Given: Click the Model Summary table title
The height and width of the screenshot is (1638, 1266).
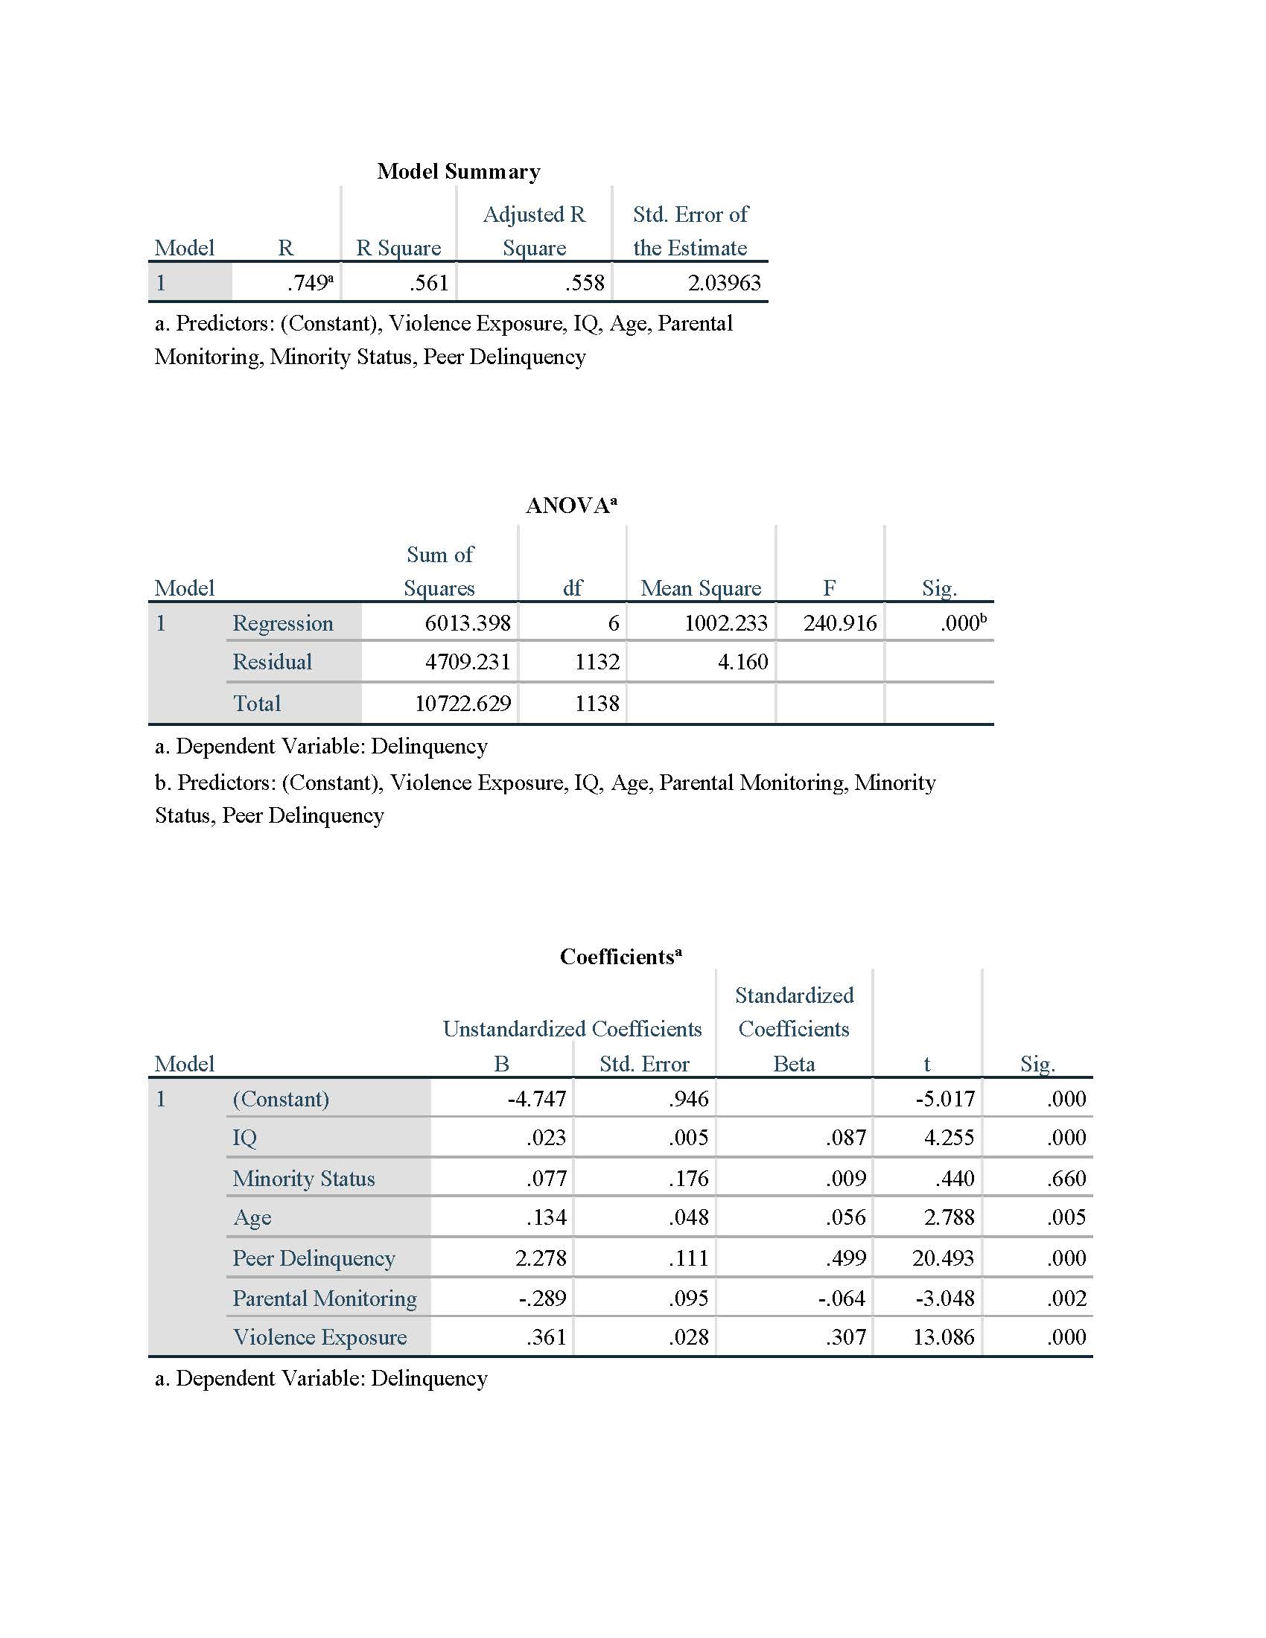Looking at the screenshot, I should click(458, 171).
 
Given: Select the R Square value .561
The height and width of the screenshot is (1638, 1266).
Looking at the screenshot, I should click(429, 283).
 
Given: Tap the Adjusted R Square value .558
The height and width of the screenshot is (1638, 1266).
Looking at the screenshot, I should click(585, 283).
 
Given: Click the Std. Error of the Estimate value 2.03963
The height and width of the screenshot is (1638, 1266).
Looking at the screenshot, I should click(724, 283).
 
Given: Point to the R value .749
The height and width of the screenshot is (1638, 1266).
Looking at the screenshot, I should click(308, 283).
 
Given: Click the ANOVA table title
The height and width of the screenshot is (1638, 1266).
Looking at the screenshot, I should click(570, 506).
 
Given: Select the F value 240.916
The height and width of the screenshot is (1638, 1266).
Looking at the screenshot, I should click(839, 622).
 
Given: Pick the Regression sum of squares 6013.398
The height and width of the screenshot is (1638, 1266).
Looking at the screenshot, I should click(467, 622).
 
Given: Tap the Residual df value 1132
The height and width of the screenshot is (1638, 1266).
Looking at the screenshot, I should click(597, 661).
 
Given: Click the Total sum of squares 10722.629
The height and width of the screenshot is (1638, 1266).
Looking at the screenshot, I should click(462, 703).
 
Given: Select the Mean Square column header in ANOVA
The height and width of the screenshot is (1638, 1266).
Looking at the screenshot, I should click(701, 587).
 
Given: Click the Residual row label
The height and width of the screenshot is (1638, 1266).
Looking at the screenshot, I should click(273, 661).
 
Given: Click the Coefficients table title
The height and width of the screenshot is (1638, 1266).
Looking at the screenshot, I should click(620, 956).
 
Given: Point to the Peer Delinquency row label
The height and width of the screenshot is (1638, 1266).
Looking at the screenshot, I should click(314, 1258).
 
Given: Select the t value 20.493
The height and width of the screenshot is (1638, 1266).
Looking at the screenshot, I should click(943, 1258).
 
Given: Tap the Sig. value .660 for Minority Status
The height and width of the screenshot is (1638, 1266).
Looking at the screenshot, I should click(1066, 1179).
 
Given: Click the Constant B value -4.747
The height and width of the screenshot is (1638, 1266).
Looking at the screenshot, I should click(536, 1099).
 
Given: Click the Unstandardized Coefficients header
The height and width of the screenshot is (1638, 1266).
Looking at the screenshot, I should click(571, 1028).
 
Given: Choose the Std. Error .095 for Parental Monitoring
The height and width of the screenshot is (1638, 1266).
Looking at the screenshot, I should click(688, 1298).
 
